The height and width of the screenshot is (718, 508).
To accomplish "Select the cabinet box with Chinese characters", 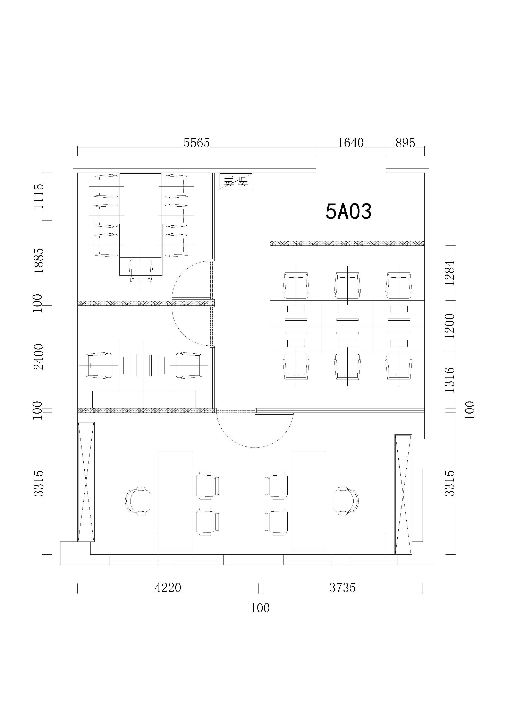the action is tap(236, 181).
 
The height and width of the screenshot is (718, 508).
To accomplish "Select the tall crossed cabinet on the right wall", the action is tap(403, 494).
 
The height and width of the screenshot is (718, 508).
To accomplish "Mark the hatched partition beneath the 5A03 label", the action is tap(347, 243).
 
